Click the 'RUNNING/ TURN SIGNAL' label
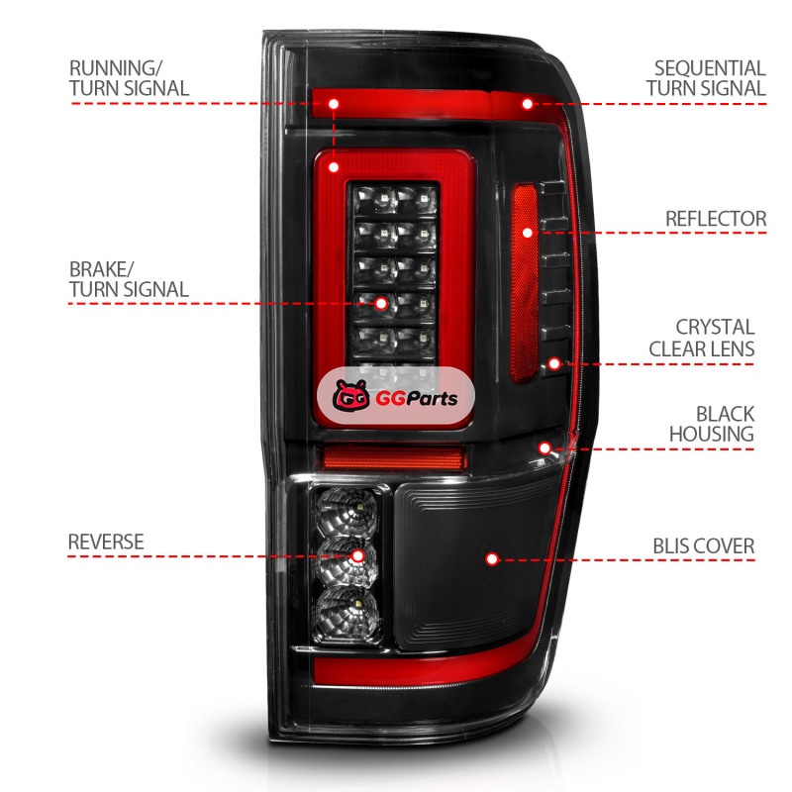coord(129,78)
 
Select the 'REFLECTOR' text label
coord(716,218)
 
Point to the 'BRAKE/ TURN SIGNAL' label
coord(129,279)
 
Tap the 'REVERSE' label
coord(106,542)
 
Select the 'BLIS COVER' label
coord(703,545)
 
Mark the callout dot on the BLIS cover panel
coord(492,558)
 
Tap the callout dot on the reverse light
coord(357,557)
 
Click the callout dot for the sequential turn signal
coord(528,103)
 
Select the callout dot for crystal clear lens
coord(554,364)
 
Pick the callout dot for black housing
coord(544,448)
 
